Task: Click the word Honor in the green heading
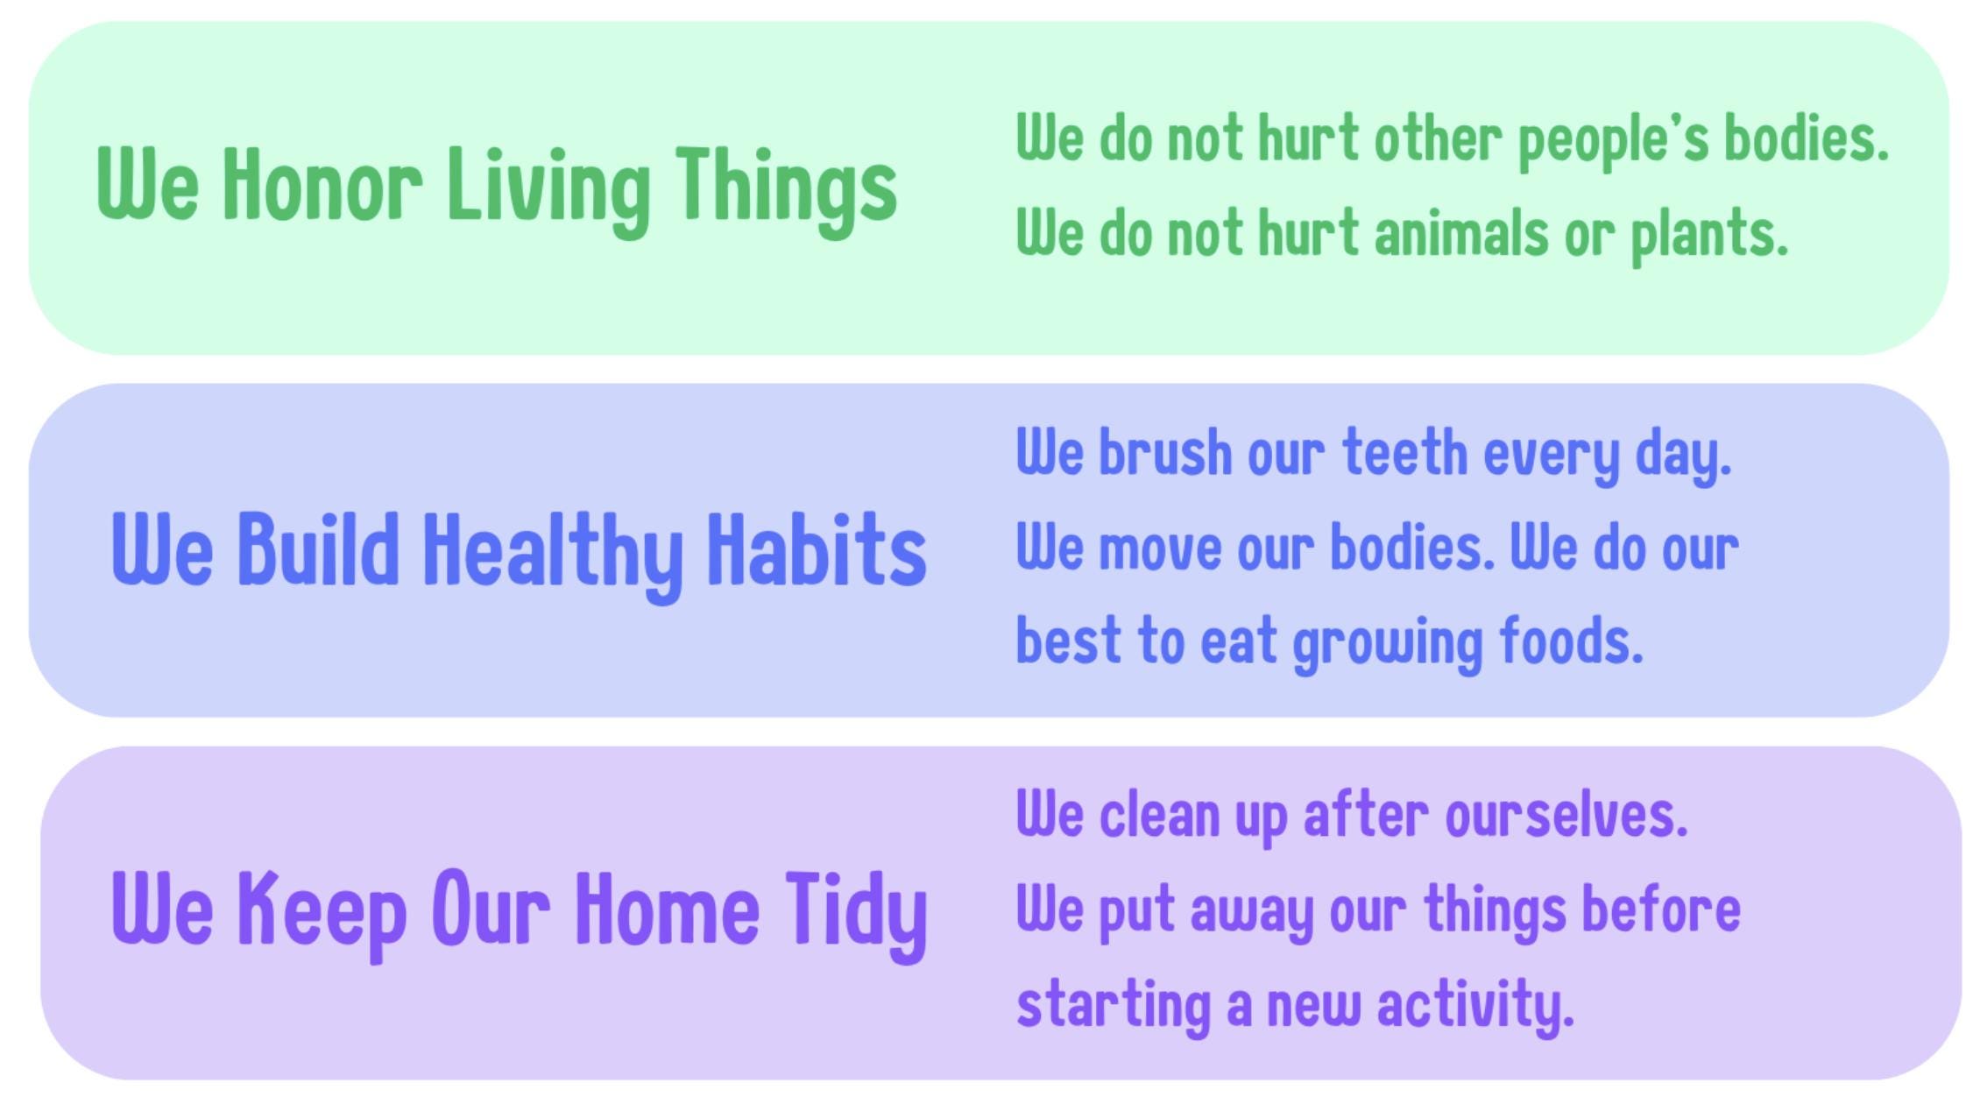click(x=322, y=184)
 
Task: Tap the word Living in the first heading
click(x=549, y=191)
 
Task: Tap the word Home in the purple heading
click(x=668, y=908)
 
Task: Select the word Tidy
click(x=856, y=916)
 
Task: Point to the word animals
click(x=1461, y=233)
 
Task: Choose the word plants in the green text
click(x=1709, y=237)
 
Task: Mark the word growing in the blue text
click(x=1388, y=644)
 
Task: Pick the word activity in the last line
click(x=1475, y=1006)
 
